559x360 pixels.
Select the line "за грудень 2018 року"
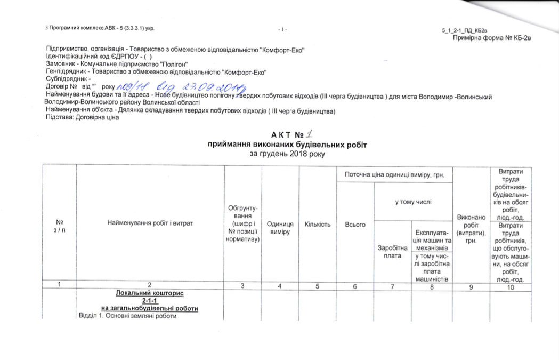(x=287, y=154)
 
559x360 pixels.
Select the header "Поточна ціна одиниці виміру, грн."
(x=395, y=174)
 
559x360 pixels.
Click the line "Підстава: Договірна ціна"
(x=83, y=118)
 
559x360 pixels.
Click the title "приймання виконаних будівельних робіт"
(x=287, y=145)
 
